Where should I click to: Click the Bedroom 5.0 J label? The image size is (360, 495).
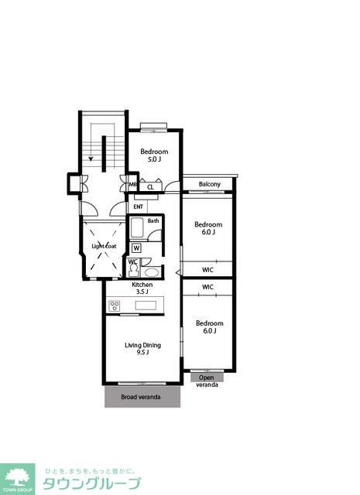[x=154, y=155]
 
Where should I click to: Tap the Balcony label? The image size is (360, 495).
[x=210, y=184]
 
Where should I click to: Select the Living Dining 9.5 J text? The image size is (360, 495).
[x=143, y=349]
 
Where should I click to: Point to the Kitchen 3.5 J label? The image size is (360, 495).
[x=142, y=288]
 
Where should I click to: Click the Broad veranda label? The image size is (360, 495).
[x=141, y=397]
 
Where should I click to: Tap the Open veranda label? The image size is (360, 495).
[x=207, y=381]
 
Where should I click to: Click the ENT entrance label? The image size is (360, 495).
[x=138, y=207]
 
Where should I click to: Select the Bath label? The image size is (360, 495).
[x=153, y=221]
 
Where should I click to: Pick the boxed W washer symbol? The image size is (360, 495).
[x=136, y=248]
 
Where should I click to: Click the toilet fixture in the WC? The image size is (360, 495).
[x=134, y=270]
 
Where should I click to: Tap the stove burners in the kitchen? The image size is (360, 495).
[x=115, y=306]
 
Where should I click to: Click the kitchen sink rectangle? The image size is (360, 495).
[x=146, y=306]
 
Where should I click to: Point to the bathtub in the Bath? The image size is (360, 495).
[x=137, y=227]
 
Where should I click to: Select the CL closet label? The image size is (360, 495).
[x=150, y=187]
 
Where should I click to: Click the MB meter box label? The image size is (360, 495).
[x=132, y=184]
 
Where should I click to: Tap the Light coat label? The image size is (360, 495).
[x=104, y=246]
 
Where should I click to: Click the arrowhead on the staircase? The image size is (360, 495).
[x=91, y=159]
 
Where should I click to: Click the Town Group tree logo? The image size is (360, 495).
[x=17, y=480]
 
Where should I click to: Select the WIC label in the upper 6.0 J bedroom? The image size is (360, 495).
[x=207, y=270]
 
